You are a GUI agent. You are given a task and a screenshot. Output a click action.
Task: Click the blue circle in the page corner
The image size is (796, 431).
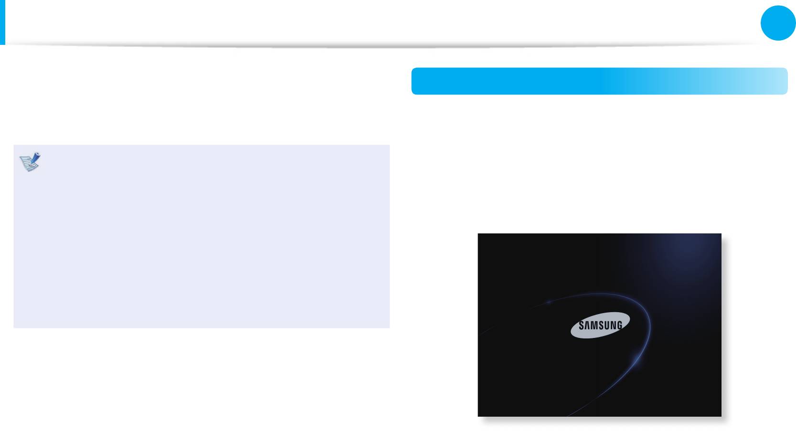tap(778, 23)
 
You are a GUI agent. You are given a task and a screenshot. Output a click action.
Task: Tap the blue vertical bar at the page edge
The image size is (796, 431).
tap(2, 22)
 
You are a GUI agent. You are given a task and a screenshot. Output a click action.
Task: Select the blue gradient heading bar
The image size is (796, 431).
tap(599, 81)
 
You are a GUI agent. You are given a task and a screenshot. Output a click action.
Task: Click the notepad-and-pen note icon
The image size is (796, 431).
tap(30, 162)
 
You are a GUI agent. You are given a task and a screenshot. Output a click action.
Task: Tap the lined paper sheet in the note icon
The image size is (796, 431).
tap(28, 165)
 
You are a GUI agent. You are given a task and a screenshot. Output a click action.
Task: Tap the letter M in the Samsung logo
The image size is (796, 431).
tap(594, 326)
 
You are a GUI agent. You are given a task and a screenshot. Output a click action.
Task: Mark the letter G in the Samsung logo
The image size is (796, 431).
tap(619, 326)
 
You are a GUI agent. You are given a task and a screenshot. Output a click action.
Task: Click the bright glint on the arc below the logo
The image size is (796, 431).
tap(636, 359)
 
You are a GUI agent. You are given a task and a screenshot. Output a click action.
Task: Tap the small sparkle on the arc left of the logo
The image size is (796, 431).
tap(549, 302)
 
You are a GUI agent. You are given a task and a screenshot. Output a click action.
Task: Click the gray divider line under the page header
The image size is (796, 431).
tap(382, 46)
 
